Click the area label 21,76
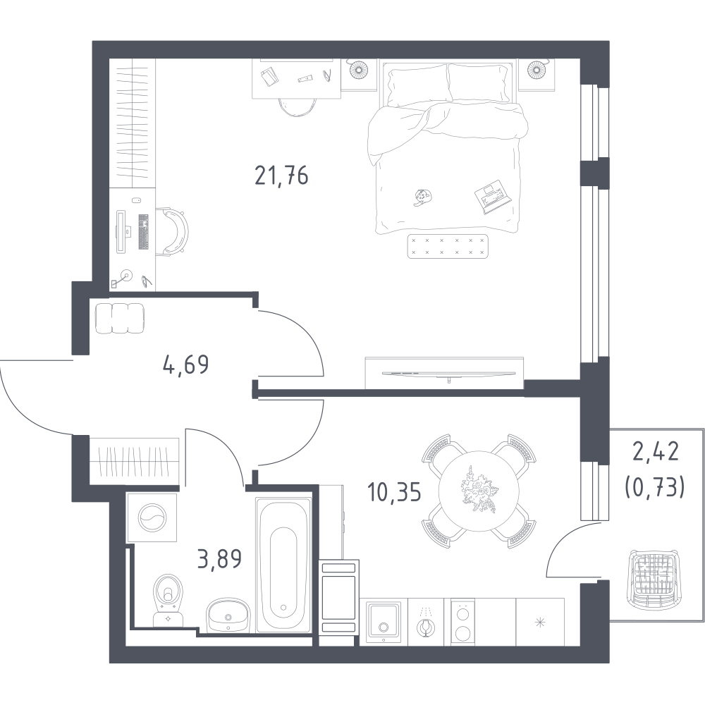[281, 176]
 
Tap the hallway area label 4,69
[185, 364]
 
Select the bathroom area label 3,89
[219, 559]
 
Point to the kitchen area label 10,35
[394, 492]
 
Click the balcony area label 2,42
[655, 452]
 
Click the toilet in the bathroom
[168, 600]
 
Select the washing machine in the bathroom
[152, 517]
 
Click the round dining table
[479, 491]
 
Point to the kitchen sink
[383, 623]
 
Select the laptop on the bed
[493, 197]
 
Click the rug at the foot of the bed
[448, 246]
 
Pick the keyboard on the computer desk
[143, 231]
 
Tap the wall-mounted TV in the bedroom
[448, 373]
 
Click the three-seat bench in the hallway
[120, 319]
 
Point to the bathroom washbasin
[228, 614]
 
